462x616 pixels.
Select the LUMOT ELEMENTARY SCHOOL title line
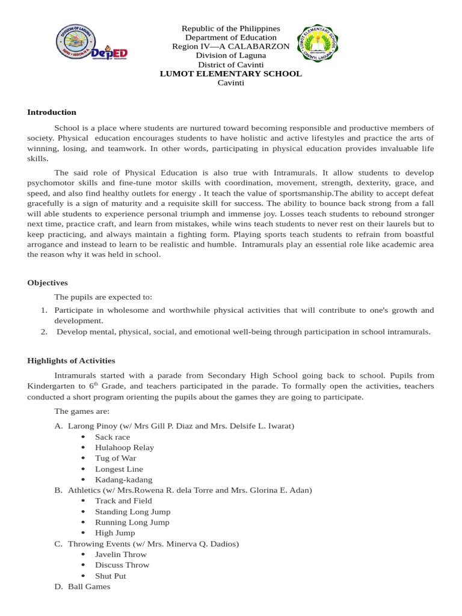230,74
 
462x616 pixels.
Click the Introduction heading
52,112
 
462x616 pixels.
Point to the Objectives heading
48,283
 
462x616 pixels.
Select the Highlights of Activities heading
71,361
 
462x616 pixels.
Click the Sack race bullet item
112,437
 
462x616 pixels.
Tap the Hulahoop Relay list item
124,448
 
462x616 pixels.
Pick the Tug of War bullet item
115,458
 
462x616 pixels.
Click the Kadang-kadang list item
123,480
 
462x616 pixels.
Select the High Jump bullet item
115,533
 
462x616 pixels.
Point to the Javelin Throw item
121,555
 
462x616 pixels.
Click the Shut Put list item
111,576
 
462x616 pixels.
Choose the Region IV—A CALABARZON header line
230,47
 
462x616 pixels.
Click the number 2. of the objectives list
44,332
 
